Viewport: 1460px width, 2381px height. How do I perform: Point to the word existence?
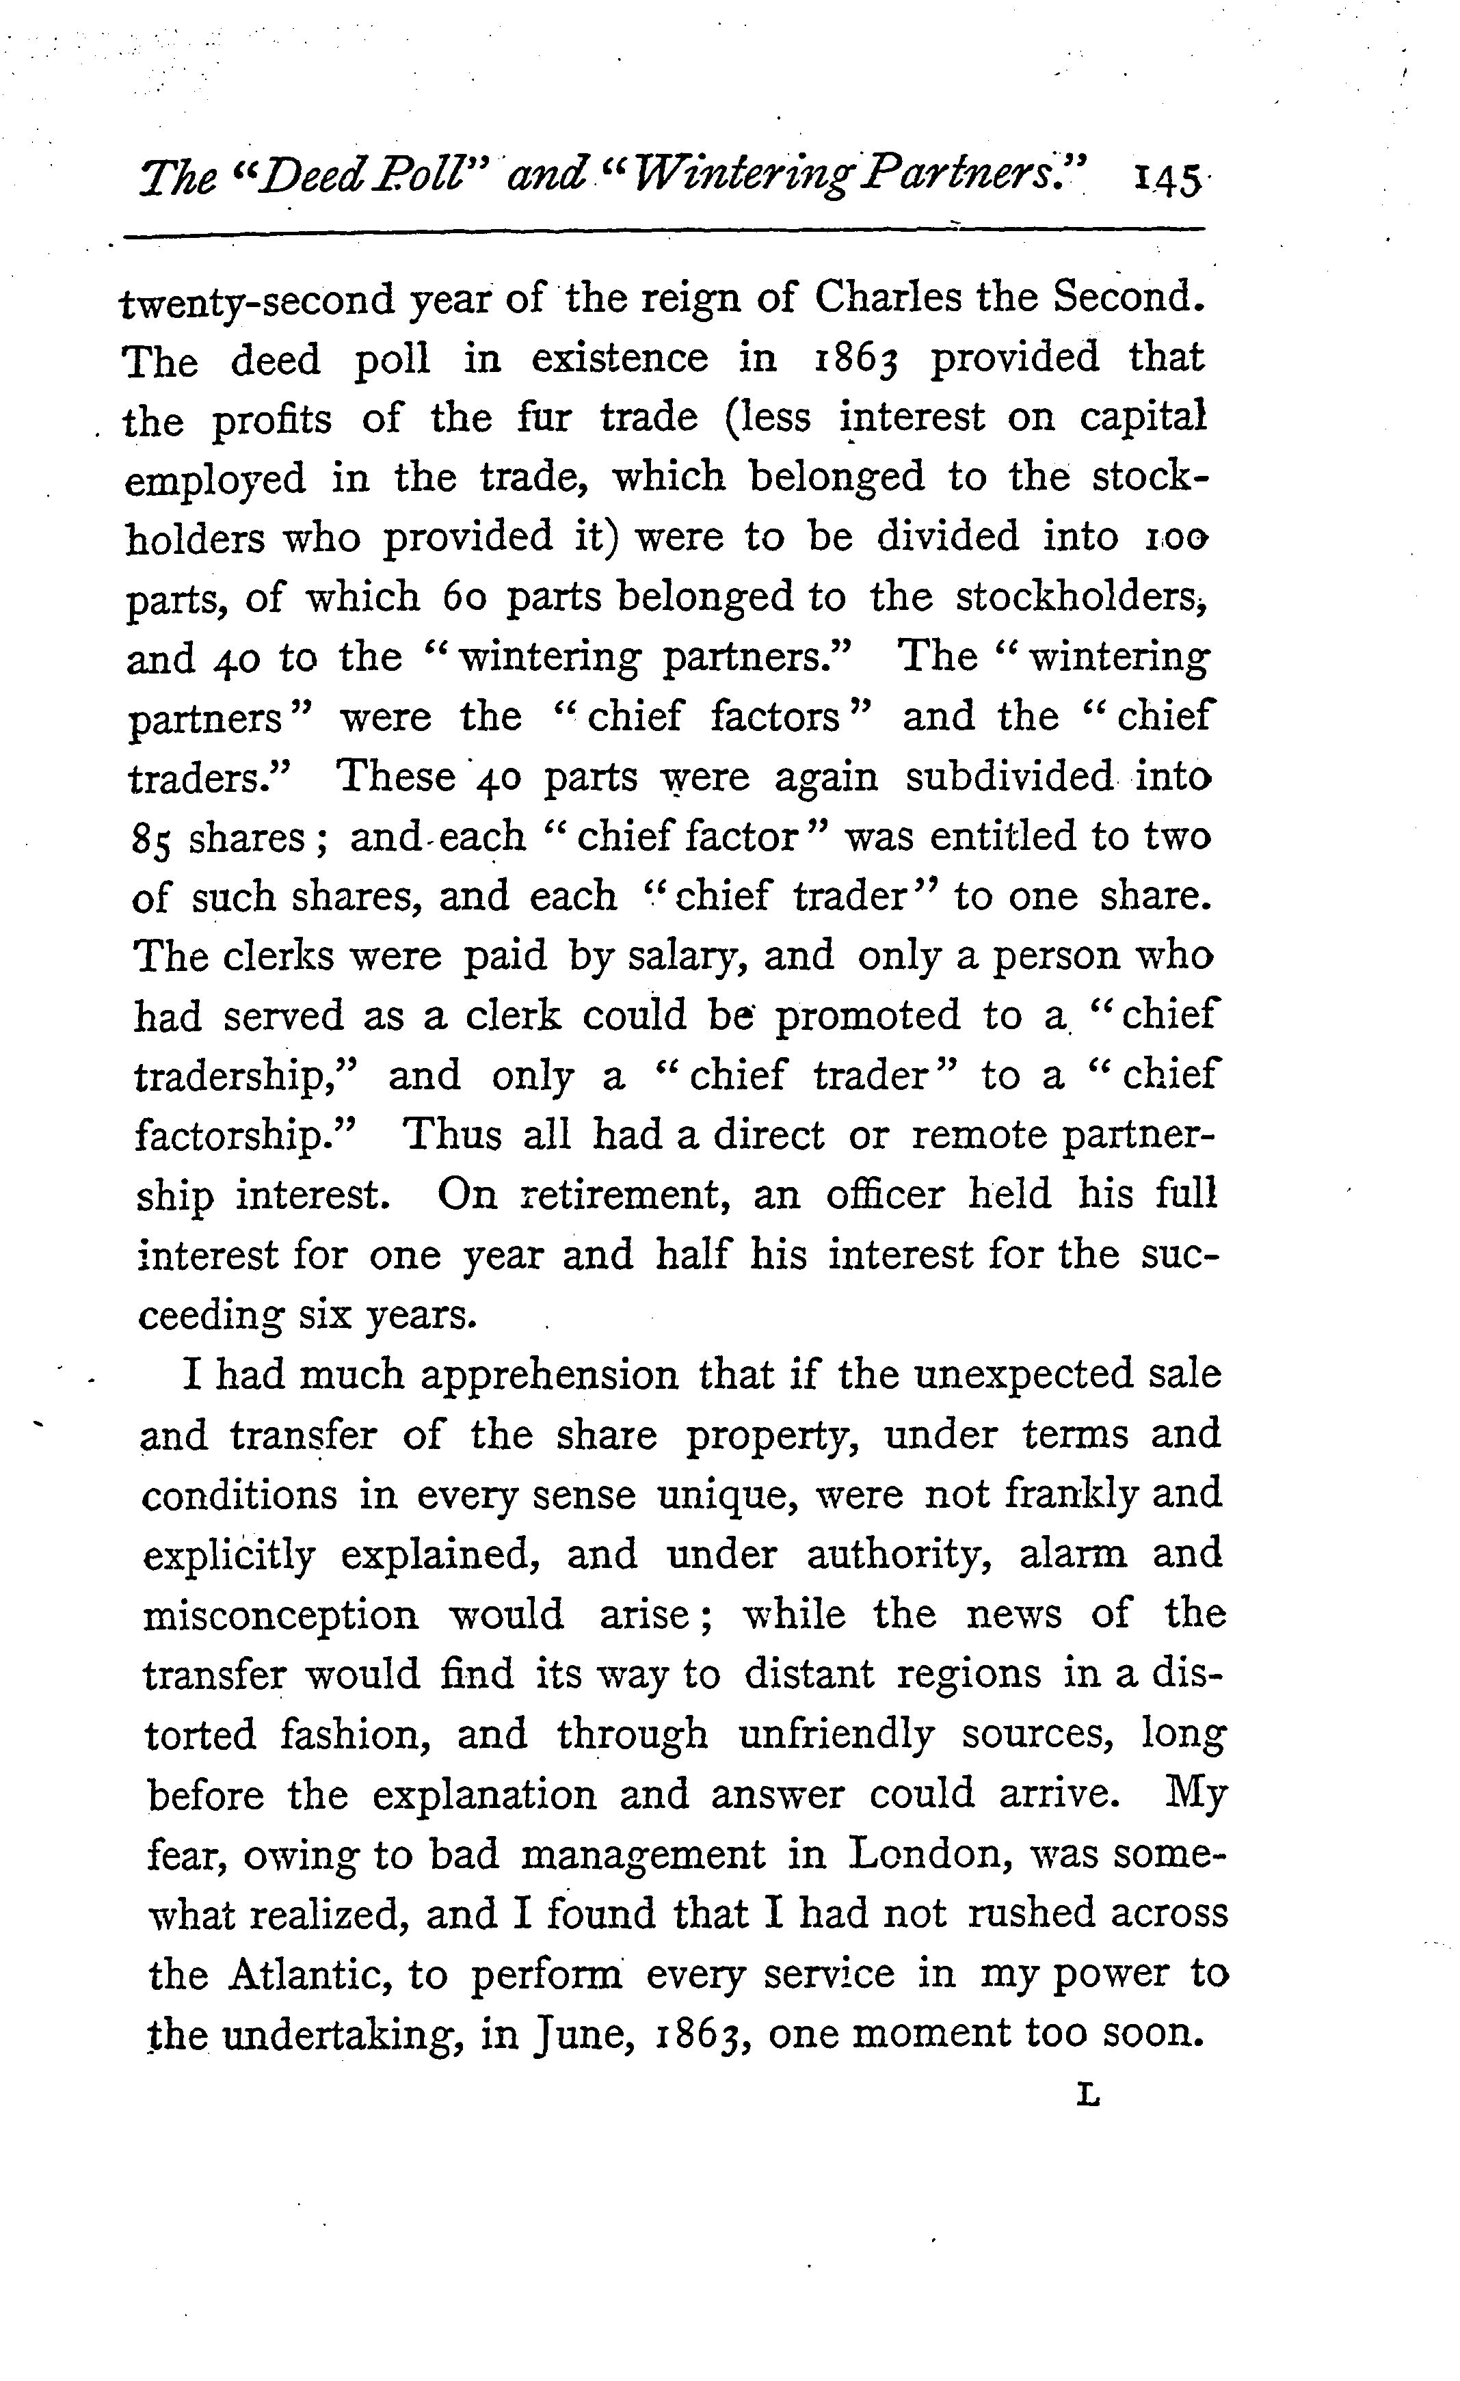[620, 358]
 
